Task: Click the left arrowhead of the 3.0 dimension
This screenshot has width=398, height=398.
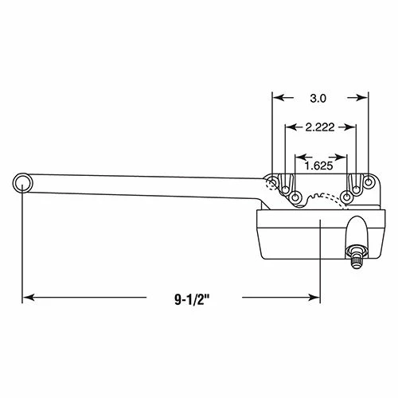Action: pyautogui.click(x=277, y=98)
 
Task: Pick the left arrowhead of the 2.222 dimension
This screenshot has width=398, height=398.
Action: pyautogui.click(x=290, y=127)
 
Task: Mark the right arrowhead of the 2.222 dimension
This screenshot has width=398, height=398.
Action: pyautogui.click(x=353, y=127)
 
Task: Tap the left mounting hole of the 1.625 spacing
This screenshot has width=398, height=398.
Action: pyautogui.click(x=295, y=196)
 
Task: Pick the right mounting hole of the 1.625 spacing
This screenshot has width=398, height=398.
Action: pyautogui.click(x=347, y=196)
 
